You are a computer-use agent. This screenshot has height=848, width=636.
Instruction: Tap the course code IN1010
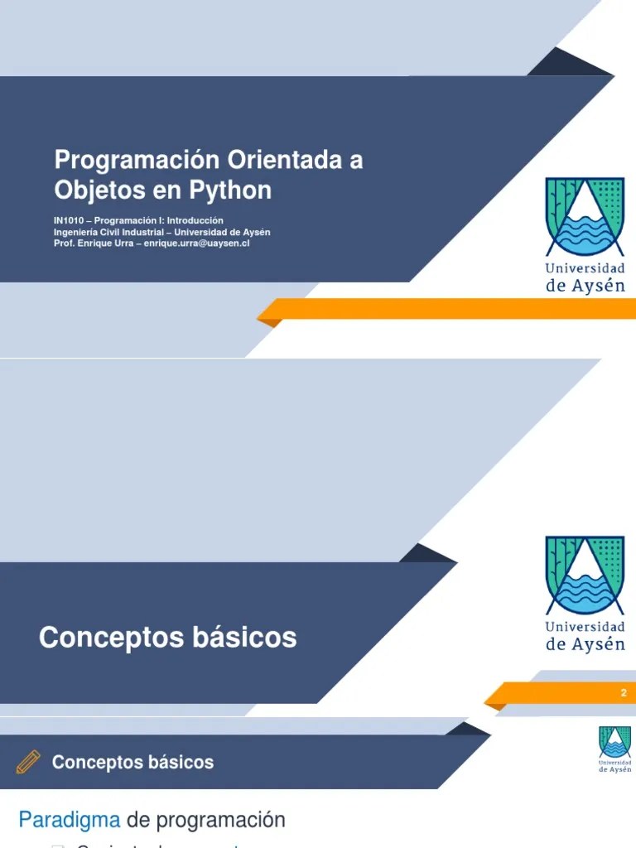click(x=68, y=221)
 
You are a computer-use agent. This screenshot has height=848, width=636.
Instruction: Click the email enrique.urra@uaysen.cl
click(x=197, y=244)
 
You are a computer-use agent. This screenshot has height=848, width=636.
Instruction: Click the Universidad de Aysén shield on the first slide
click(x=585, y=216)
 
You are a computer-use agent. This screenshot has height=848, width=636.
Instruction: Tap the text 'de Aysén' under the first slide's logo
click(x=585, y=286)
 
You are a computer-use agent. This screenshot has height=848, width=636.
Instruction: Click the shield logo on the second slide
click(x=585, y=575)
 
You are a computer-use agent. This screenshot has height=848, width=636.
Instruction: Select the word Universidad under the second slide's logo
click(x=585, y=627)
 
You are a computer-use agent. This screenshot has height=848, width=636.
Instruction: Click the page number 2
click(x=624, y=693)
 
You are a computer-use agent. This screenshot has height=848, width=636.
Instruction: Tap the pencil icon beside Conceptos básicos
click(x=28, y=762)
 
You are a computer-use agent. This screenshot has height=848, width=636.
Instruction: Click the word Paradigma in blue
click(x=70, y=821)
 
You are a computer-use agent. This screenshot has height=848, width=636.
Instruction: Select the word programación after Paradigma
click(x=220, y=821)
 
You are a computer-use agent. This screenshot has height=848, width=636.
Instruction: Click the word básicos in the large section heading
click(x=244, y=638)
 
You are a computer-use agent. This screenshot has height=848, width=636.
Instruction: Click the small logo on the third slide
click(x=614, y=749)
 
